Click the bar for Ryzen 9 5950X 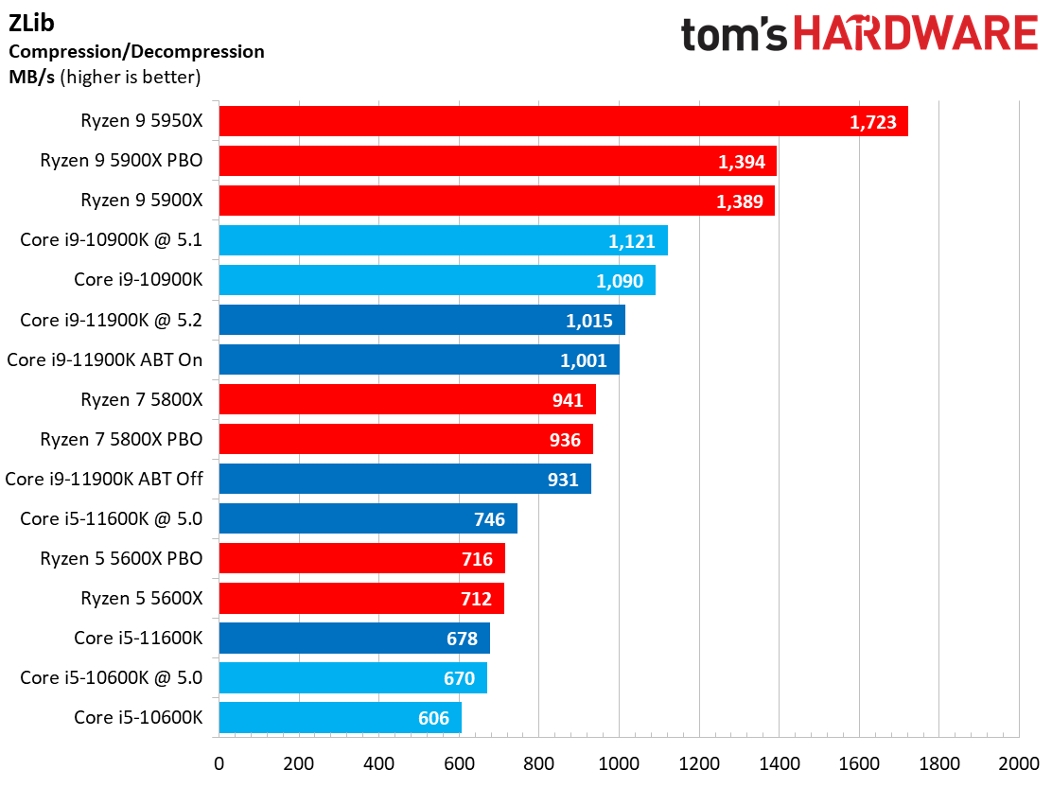[564, 121]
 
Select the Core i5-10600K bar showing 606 [341, 718]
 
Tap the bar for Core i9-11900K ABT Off [405, 479]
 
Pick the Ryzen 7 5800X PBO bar [406, 439]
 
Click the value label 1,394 [742, 162]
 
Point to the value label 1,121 [631, 241]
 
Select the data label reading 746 [489, 519]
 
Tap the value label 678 [463, 639]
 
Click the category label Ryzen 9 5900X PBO [121, 160]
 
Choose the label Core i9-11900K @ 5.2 [112, 320]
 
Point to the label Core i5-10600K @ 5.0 [112, 677]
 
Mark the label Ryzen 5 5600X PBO [121, 559]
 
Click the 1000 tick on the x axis [619, 763]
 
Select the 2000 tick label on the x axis [1019, 763]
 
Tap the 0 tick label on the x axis [219, 763]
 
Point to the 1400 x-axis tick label [780, 763]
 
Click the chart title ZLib [31, 23]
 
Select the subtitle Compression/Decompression [136, 52]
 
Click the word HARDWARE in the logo [916, 33]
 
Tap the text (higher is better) [131, 78]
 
